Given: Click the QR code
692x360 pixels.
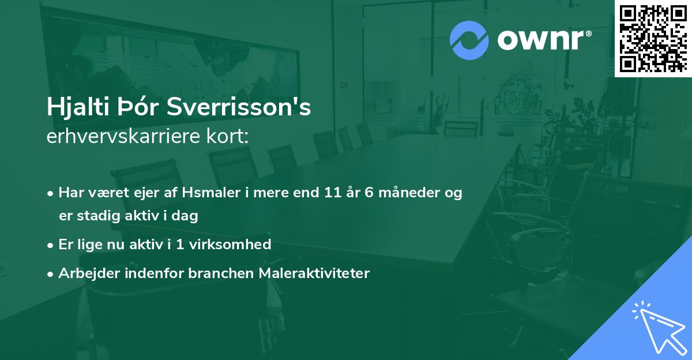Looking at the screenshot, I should [652, 38].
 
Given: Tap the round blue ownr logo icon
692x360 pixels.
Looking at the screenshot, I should [469, 40].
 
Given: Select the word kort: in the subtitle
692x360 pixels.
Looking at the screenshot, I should [231, 137].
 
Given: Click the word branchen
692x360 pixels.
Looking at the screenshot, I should [215, 273].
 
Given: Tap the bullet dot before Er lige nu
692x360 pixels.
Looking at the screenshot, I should [51, 245].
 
